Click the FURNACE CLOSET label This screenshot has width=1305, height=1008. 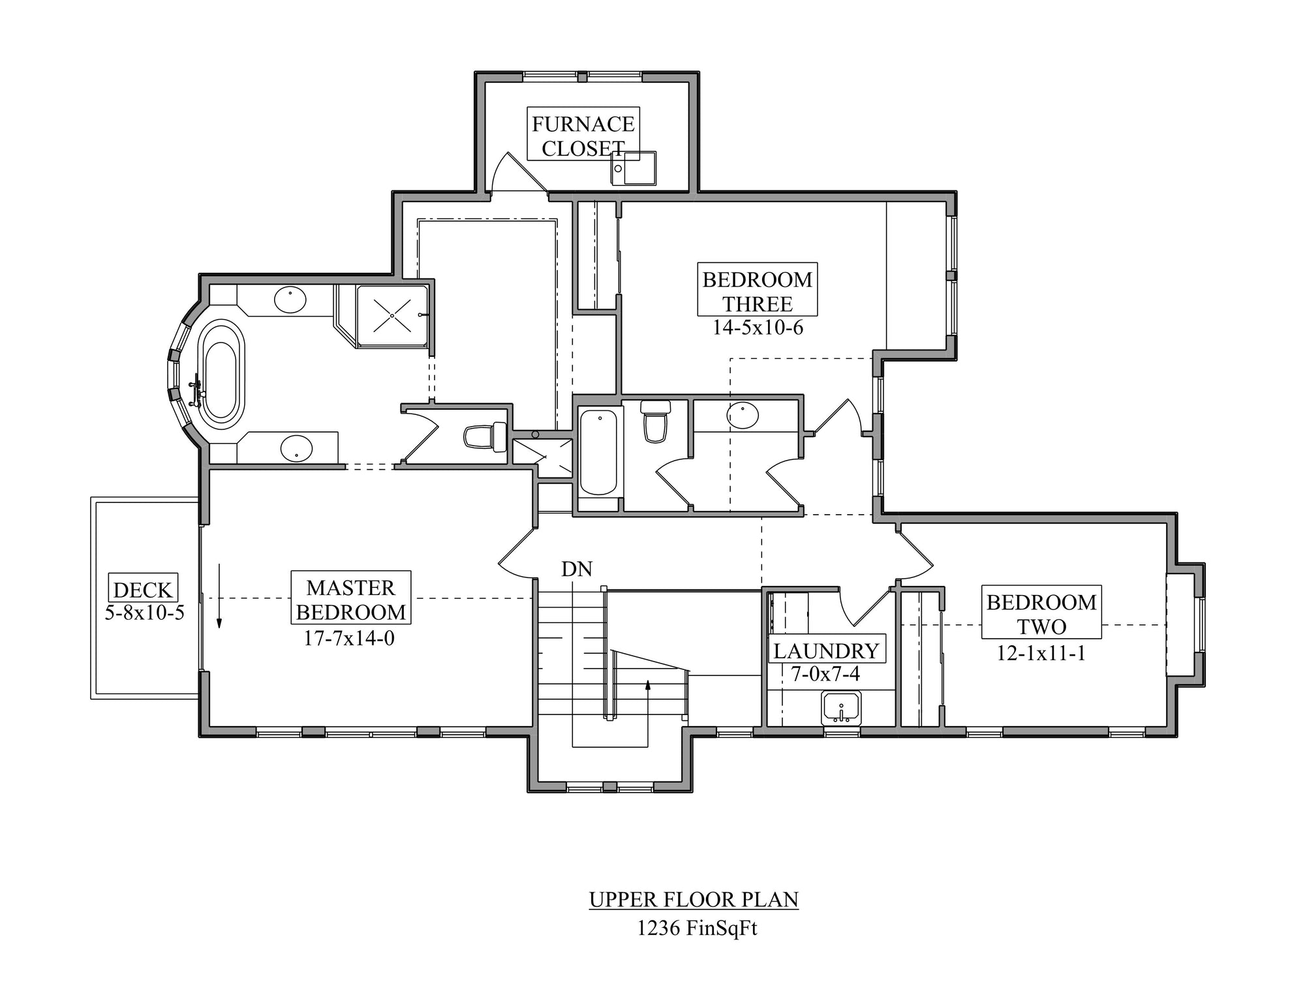(x=583, y=136)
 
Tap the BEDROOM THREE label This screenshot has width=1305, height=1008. (x=757, y=292)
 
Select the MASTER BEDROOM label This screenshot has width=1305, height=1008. (x=351, y=600)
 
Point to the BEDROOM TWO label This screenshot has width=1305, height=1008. (x=1041, y=614)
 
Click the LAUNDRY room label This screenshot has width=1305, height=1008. (x=826, y=650)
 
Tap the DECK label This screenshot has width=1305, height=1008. (x=143, y=590)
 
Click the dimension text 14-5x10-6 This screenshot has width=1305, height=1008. (x=758, y=328)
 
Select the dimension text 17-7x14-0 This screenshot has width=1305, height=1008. (x=349, y=637)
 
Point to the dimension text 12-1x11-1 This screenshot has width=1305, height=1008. (x=1041, y=652)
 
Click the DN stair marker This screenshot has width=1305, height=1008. (x=577, y=569)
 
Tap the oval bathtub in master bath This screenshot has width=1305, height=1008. (x=222, y=371)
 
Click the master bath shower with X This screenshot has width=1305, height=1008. (x=392, y=316)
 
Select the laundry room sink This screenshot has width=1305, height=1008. (x=842, y=708)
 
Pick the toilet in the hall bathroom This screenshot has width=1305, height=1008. (x=656, y=420)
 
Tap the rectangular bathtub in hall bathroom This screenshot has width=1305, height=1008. (x=598, y=451)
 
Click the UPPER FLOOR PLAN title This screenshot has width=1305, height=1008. (x=694, y=899)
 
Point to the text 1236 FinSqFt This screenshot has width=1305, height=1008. (x=697, y=928)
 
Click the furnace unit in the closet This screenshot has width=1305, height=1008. (x=634, y=168)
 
